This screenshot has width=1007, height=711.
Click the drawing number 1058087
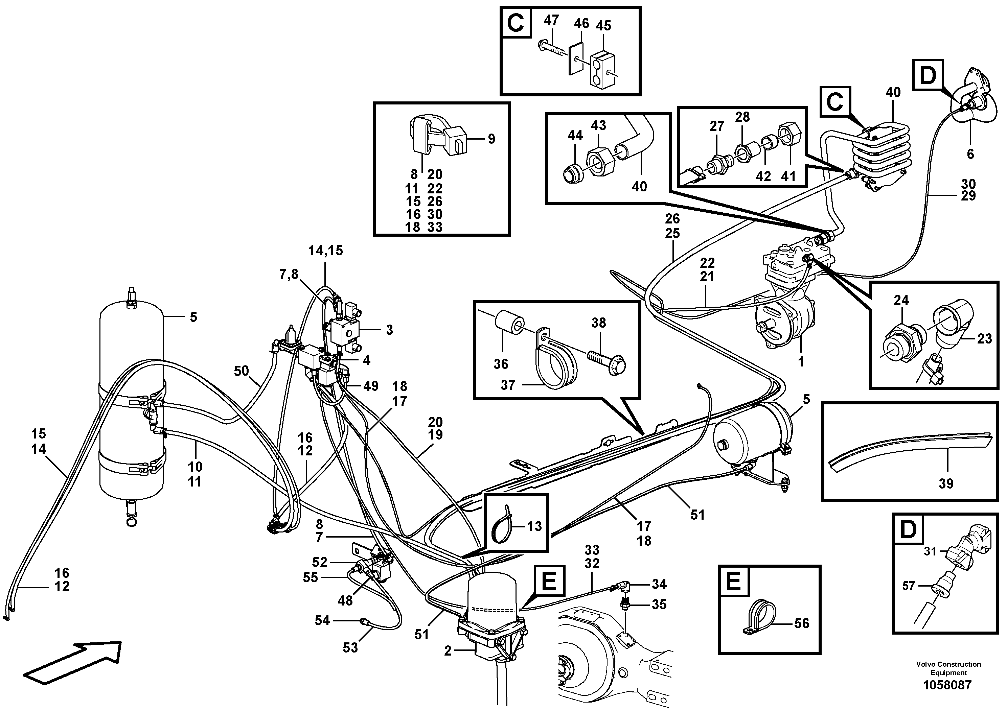pyautogui.click(x=948, y=685)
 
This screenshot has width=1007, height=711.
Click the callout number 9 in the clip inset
pyautogui.click(x=491, y=139)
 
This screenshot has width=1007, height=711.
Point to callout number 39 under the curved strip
pyautogui.click(x=946, y=483)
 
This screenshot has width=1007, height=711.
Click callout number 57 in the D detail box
pyautogui.click(x=909, y=585)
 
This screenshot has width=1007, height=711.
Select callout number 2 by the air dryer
pyautogui.click(x=448, y=651)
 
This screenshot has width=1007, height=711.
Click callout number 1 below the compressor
pyautogui.click(x=801, y=362)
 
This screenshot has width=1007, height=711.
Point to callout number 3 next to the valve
pyautogui.click(x=389, y=330)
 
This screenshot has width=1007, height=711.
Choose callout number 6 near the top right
pyautogui.click(x=970, y=154)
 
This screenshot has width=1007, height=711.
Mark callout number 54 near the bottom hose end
pyautogui.click(x=322, y=620)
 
